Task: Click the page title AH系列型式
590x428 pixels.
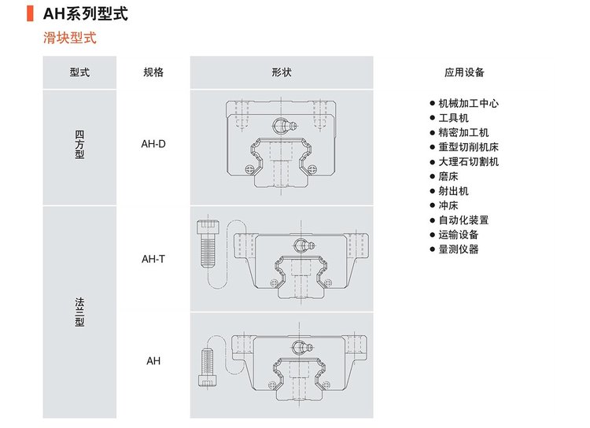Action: [x=87, y=14]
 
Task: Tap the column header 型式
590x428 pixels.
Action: [x=79, y=72]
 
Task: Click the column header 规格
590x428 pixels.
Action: [x=153, y=72]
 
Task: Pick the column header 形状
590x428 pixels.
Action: [x=282, y=72]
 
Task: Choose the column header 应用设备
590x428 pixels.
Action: [x=464, y=72]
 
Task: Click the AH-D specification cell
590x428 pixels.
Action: [x=153, y=144]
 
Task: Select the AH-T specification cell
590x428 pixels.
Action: [x=153, y=258]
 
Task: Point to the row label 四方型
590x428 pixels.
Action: [x=79, y=144]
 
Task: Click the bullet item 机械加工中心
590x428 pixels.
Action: [x=468, y=103]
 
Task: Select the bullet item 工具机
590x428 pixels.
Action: [x=452, y=118]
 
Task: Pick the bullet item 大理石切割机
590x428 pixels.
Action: [x=468, y=162]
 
